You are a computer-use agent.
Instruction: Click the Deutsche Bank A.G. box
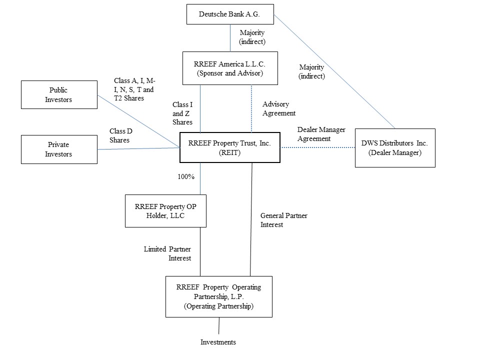[230, 14]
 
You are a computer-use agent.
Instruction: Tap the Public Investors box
[59, 95]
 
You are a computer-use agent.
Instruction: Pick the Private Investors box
[59, 149]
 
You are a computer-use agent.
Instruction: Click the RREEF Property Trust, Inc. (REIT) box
[229, 147]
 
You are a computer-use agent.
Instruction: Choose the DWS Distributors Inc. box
[394, 147]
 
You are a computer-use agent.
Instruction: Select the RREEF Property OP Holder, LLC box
[162, 210]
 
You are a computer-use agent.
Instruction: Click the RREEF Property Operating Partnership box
[218, 296]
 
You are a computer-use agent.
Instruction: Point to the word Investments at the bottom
[218, 342]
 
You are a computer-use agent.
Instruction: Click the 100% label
[185, 176]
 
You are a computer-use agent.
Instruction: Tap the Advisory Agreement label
[278, 109]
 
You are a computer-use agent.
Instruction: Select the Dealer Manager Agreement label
[321, 134]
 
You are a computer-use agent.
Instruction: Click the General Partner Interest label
[283, 220]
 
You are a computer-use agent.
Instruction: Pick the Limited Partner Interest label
[167, 253]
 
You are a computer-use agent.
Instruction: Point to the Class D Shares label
[120, 135]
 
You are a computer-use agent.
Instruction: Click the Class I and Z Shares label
[182, 113]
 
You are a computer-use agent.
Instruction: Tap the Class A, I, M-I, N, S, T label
[134, 89]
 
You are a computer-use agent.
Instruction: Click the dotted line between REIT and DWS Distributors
[317, 147]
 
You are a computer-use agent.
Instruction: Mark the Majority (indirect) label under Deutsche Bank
[252, 37]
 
